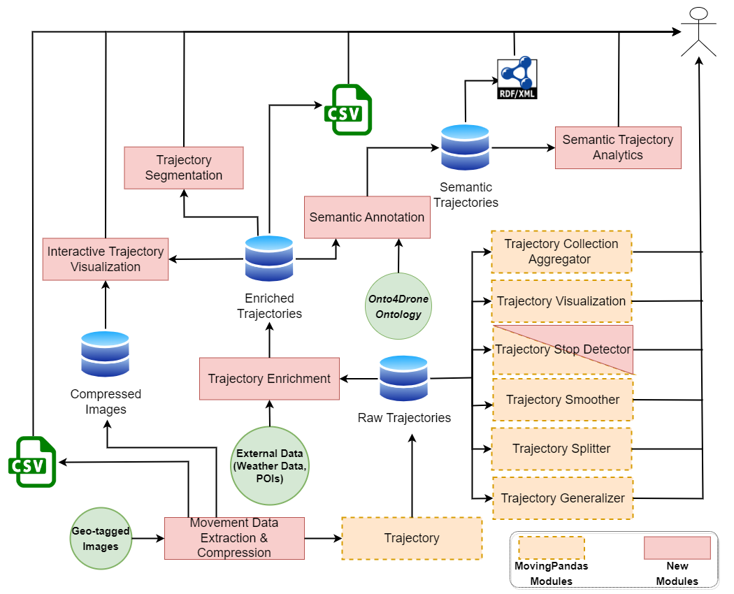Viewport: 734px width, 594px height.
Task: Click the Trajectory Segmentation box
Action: [184, 168]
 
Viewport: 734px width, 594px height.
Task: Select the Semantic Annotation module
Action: [367, 217]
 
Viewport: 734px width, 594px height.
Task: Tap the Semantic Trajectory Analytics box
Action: [618, 147]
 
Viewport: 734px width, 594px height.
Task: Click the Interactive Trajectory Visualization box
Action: [106, 259]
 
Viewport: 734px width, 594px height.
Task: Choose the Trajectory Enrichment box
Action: [269, 379]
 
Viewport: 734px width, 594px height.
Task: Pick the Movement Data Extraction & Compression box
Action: [234, 538]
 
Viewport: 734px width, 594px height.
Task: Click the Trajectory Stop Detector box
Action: [563, 349]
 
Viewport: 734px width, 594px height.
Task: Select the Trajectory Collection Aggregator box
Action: [561, 252]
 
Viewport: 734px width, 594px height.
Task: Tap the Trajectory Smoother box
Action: [563, 400]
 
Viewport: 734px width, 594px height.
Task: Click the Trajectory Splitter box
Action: [561, 449]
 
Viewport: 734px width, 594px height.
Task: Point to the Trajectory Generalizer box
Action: [563, 498]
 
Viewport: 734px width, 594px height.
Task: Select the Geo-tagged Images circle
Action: [101, 539]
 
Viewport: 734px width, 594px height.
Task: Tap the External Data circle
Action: [269, 465]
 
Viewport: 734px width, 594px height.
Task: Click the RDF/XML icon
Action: [517, 79]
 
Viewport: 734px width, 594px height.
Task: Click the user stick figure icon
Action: [699, 31]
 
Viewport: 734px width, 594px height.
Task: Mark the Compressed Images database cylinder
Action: [106, 354]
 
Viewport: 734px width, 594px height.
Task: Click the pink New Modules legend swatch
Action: [677, 548]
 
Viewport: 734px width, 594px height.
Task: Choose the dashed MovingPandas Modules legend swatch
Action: [552, 548]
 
